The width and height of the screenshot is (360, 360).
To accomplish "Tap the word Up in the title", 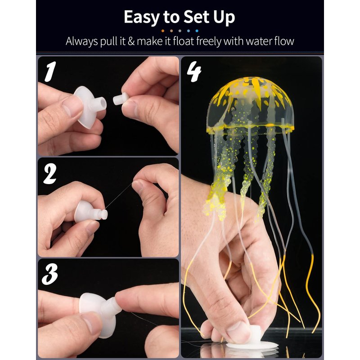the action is pos(224,18).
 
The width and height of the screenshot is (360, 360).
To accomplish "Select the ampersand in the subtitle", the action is pos(131,41).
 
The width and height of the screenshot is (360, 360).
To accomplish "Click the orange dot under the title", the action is pos(163,31).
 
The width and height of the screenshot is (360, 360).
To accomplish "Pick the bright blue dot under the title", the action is pos(197,31).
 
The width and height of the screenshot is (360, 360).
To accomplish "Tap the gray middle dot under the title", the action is pos(180,31).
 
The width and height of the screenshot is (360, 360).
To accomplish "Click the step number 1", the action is pos(50,72).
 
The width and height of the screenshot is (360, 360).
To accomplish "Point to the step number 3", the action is pos(49,274).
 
